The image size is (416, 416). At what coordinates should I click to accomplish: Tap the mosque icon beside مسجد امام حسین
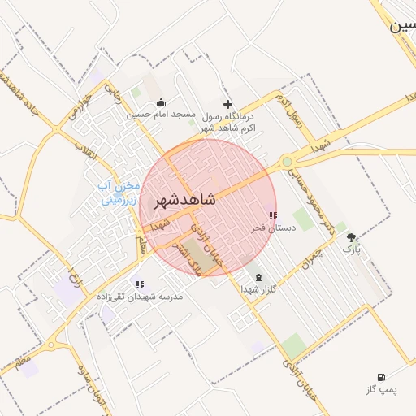[x=161, y=102]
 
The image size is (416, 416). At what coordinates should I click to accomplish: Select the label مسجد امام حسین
[x=160, y=115]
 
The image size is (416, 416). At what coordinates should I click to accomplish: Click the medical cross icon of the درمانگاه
[x=227, y=104]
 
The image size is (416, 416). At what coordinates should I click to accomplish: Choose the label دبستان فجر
[x=272, y=228]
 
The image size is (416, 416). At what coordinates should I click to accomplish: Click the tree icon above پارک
[x=351, y=237]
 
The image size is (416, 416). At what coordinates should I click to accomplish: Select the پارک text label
[x=350, y=249]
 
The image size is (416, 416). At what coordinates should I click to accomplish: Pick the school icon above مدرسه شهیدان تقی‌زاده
[x=140, y=284]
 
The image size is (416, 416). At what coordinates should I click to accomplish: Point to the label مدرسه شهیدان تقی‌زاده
[x=140, y=297]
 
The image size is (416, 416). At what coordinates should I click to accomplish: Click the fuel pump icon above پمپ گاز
[x=380, y=378]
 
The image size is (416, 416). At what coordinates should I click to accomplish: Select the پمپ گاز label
[x=380, y=390]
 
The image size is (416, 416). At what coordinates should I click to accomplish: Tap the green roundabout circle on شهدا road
[x=287, y=162]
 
